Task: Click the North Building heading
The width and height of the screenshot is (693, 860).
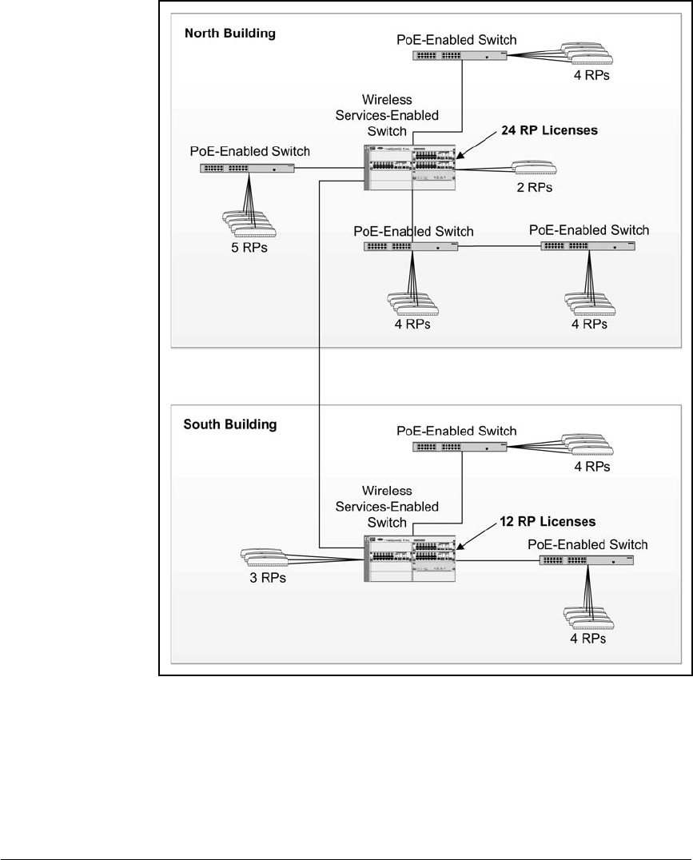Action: pyautogui.click(x=230, y=34)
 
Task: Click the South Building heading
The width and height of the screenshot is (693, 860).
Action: pyautogui.click(x=230, y=424)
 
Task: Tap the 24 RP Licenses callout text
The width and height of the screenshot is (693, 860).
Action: pyautogui.click(x=549, y=130)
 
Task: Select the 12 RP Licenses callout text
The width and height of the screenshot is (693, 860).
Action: pyautogui.click(x=548, y=522)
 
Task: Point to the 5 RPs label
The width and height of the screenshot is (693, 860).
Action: pyautogui.click(x=249, y=248)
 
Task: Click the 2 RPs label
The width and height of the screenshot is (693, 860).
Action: pyautogui.click(x=535, y=188)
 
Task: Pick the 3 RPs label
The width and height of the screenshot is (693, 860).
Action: pyautogui.click(x=268, y=578)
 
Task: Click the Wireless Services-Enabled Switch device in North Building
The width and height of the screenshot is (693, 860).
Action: pyautogui.click(x=409, y=168)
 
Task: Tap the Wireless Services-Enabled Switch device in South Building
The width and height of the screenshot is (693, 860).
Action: pyautogui.click(x=409, y=559)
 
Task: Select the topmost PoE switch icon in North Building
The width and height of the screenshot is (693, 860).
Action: pyautogui.click(x=460, y=55)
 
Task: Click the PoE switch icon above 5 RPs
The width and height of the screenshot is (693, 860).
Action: pyautogui.click(x=247, y=169)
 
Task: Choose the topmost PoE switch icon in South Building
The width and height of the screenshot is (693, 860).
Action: pyautogui.click(x=460, y=447)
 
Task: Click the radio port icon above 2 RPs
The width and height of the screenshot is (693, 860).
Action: pyautogui.click(x=534, y=167)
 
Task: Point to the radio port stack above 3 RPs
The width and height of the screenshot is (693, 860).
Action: pyautogui.click(x=265, y=557)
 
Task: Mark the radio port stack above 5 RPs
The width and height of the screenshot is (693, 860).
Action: pyautogui.click(x=249, y=223)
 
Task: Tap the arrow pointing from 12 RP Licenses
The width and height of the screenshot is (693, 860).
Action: pyautogui.click(x=476, y=536)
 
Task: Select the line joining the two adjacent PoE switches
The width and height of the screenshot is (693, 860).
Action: pyautogui.click(x=500, y=247)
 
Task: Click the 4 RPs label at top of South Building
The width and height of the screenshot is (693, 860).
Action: pyautogui.click(x=592, y=467)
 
